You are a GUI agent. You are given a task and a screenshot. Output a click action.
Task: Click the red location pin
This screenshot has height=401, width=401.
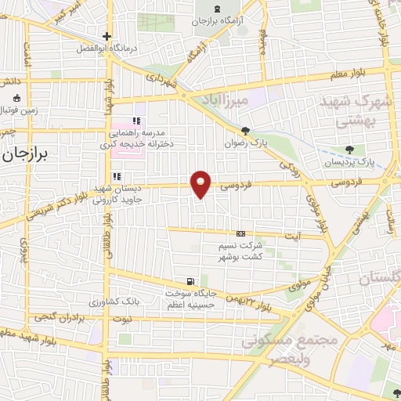[x=202, y=183]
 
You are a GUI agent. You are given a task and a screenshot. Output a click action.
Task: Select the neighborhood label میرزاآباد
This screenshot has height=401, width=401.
[x=245, y=101]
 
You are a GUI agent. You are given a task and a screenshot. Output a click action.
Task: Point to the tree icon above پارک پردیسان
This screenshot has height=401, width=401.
[x=349, y=150]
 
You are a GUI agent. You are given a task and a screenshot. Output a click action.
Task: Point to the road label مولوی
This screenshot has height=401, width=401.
[x=300, y=287]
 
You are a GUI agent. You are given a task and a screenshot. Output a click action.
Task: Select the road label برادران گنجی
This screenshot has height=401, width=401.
[x=57, y=317]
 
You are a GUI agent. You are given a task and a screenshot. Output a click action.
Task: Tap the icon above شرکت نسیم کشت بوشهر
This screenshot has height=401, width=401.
[x=240, y=233]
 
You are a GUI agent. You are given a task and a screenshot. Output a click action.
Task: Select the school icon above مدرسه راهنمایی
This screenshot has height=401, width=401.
[x=135, y=121]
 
